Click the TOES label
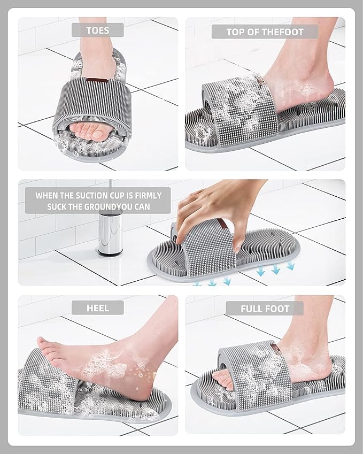click(x=97, y=30)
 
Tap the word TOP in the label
click(x=235, y=32)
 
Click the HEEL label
click(x=97, y=308)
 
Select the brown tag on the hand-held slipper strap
click(x=222, y=224)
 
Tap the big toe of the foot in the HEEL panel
click(x=43, y=342)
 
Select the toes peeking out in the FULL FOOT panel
click(x=222, y=379)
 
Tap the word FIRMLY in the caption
click(x=148, y=196)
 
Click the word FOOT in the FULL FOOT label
click(x=277, y=309)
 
